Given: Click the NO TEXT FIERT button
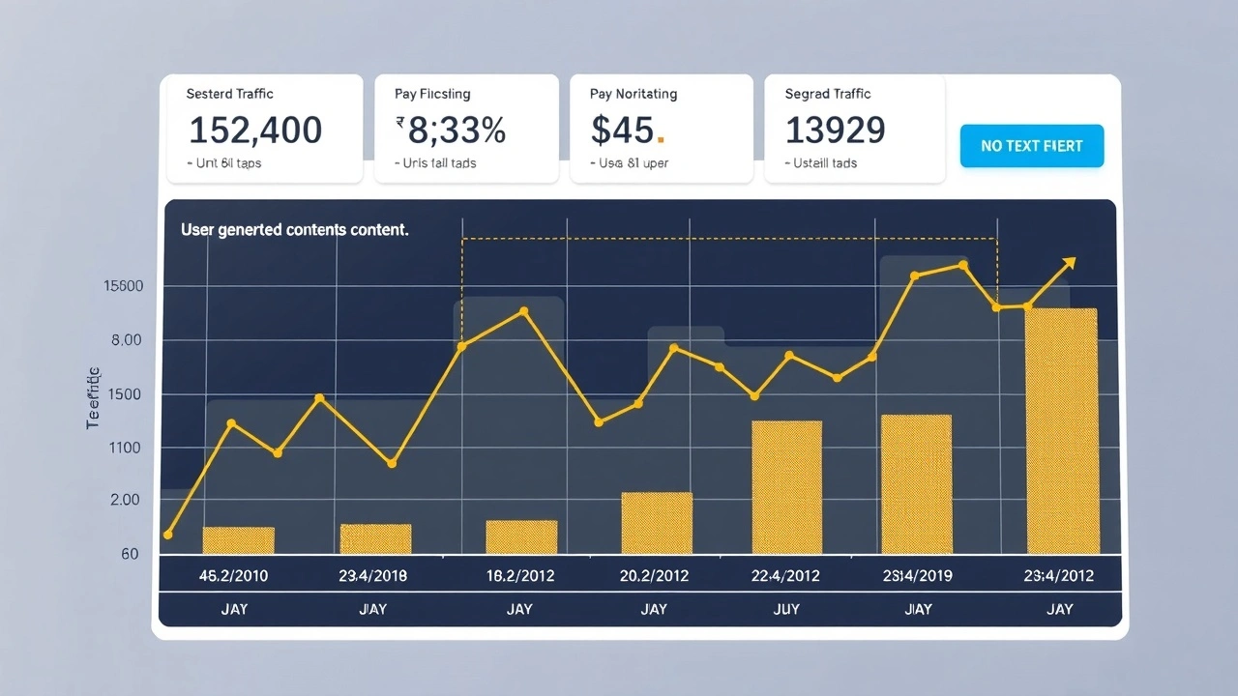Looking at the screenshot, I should tap(1031, 146).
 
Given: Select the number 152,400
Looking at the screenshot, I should tap(255, 130).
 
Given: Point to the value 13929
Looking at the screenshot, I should tap(835, 130).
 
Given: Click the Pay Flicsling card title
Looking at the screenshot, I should tap(432, 94).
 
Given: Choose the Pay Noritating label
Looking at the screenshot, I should tap(633, 94).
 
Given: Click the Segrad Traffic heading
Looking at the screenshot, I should tap(828, 94).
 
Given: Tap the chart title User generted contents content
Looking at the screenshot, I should tap(294, 230).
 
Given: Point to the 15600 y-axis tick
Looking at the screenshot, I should tap(122, 286).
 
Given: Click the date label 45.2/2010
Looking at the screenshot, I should tap(233, 576).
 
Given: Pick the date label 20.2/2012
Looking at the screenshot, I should tap(654, 576).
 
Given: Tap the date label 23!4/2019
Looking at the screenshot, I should tap(917, 576).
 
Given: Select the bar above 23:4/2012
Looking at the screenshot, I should tap(1061, 431).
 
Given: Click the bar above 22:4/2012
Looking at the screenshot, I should tap(786, 487).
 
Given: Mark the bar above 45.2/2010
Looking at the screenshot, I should tap(238, 540).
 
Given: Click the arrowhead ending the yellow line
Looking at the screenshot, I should tap(1069, 261).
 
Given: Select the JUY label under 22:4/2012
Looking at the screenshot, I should tap(786, 609).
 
